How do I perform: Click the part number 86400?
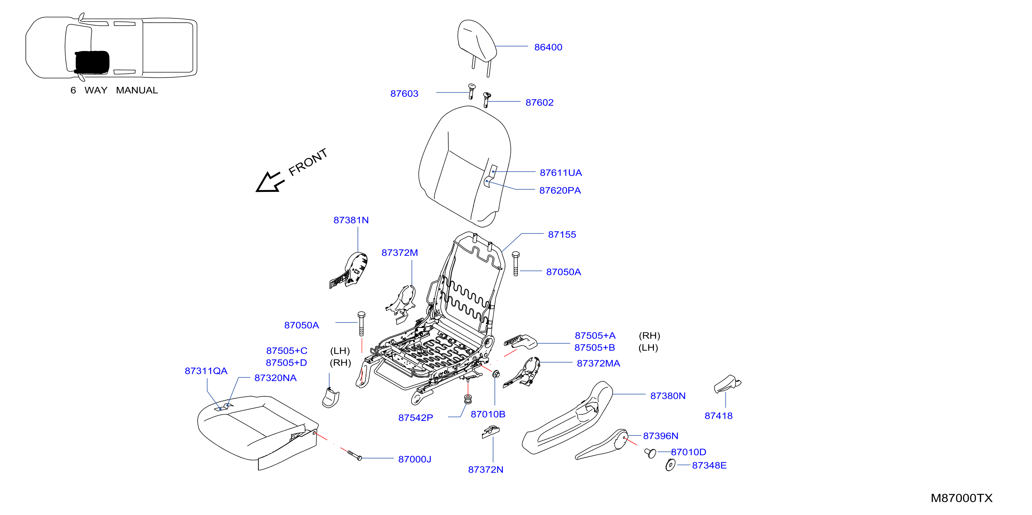(x=548, y=47)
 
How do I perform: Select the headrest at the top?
(x=477, y=44)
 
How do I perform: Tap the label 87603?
(x=404, y=94)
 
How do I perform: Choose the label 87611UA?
(x=560, y=173)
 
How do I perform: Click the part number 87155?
(x=562, y=235)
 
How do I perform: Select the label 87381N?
(x=351, y=220)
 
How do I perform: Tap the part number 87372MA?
(x=598, y=364)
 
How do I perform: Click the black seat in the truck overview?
(x=92, y=62)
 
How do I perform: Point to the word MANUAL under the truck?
(x=137, y=91)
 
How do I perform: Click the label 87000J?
(x=415, y=459)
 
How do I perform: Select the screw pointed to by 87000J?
(x=355, y=455)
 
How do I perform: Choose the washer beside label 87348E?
(x=670, y=465)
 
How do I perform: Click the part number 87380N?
(x=668, y=396)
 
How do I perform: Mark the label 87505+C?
(x=286, y=351)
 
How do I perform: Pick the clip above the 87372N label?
(x=490, y=432)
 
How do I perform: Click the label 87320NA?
(x=275, y=378)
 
